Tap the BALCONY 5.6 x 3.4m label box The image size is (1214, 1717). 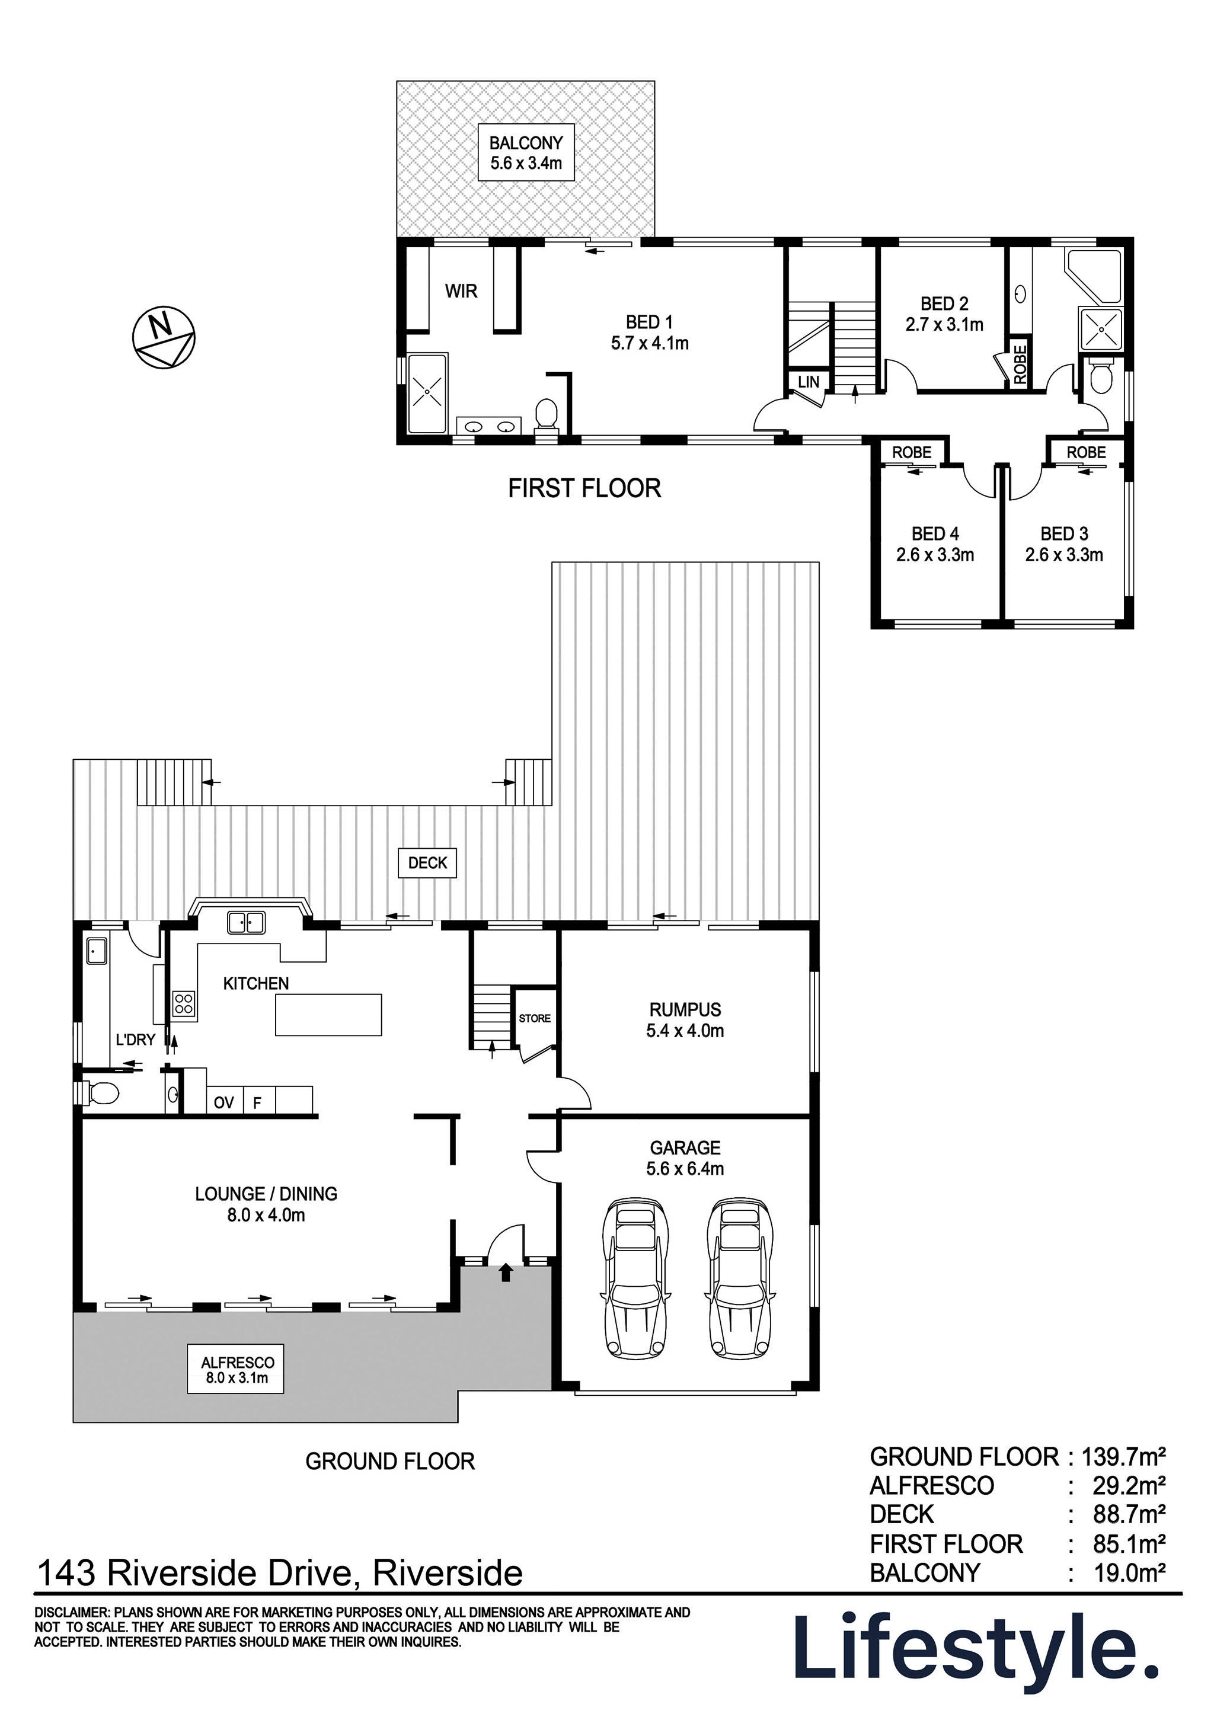(x=526, y=152)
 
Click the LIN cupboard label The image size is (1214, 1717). (x=808, y=382)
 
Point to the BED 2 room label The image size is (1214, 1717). (x=944, y=303)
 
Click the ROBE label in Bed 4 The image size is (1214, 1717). (x=911, y=452)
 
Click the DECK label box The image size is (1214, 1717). (x=427, y=862)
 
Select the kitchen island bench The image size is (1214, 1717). (x=328, y=1015)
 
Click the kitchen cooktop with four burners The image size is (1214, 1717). (x=184, y=1003)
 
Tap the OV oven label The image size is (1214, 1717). (x=223, y=1102)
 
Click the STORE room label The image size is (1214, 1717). (x=535, y=1019)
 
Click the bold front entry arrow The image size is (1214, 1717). (x=506, y=1272)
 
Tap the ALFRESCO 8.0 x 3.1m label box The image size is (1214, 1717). (x=235, y=1371)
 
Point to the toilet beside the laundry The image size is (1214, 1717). (x=101, y=1093)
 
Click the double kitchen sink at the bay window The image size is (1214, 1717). (x=246, y=923)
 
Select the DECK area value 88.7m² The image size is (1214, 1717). (x=1129, y=1514)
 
